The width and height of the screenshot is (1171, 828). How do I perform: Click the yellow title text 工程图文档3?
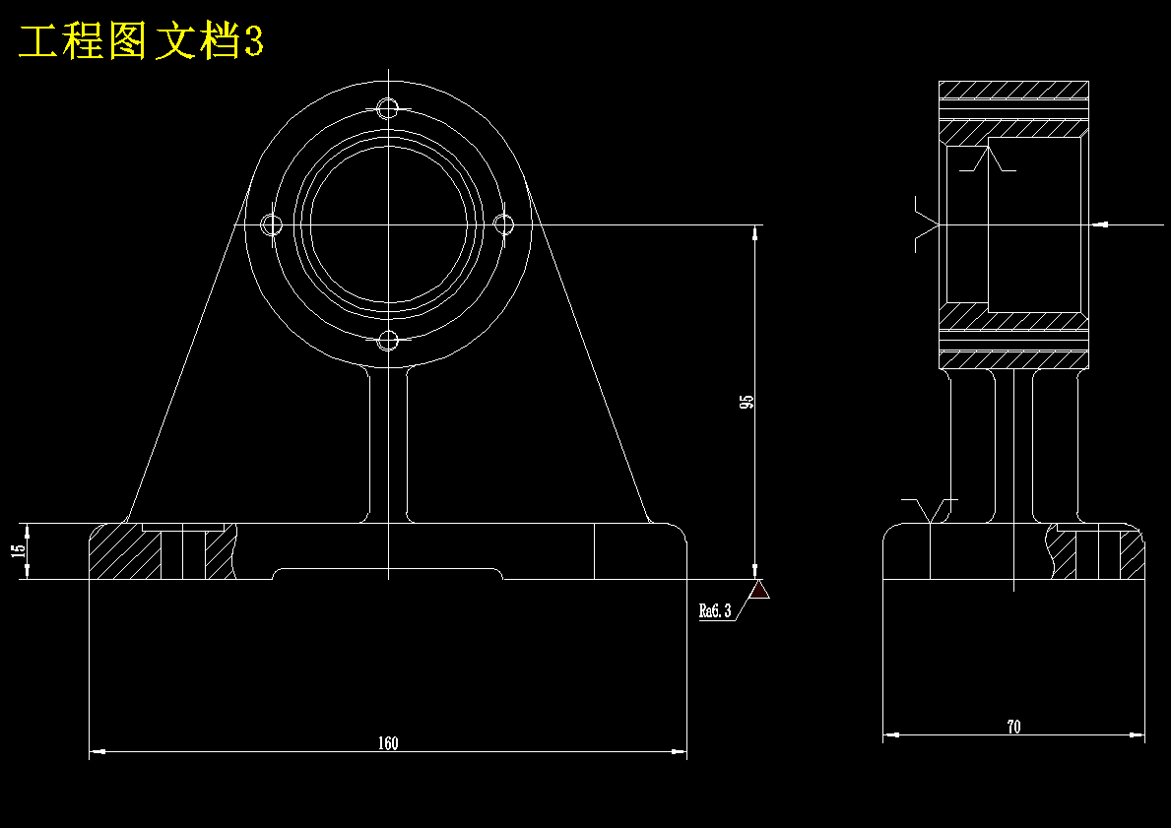pos(141,41)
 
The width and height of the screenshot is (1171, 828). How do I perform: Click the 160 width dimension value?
pos(388,743)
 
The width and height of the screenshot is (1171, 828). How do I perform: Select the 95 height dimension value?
pos(747,402)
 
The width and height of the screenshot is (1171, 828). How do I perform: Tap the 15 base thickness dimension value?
pos(19,550)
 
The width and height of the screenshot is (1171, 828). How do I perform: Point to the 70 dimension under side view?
pos(1013,727)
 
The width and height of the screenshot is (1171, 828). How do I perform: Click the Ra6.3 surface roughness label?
pos(715,610)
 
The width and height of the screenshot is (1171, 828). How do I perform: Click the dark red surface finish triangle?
pos(759,590)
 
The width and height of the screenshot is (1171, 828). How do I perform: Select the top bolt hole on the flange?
pos(388,109)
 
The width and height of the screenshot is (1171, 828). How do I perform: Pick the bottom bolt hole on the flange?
pos(388,342)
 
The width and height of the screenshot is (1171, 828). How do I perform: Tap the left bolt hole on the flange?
pos(271,224)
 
